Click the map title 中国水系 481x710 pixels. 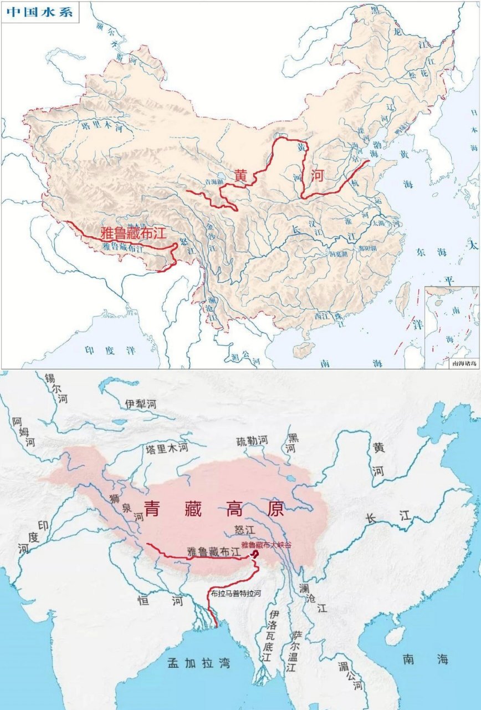(x=39, y=12)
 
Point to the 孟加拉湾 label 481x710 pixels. (x=199, y=662)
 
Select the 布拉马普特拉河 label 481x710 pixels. (x=235, y=593)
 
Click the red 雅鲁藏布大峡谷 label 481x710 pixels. (x=266, y=545)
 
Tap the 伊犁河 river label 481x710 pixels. (x=141, y=404)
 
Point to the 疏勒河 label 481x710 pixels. (x=252, y=440)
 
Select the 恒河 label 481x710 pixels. (x=161, y=601)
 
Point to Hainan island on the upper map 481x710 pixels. (x=304, y=349)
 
